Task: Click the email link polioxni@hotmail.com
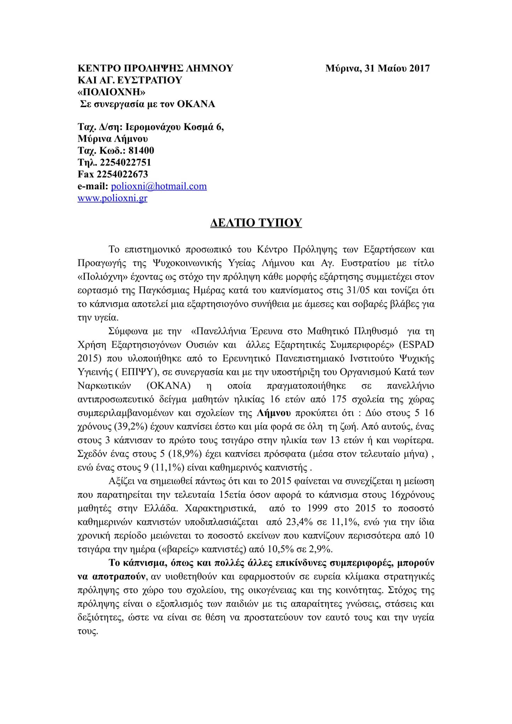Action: click(159, 186)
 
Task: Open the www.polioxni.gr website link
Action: click(112, 198)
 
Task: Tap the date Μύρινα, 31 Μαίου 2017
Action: click(377, 68)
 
